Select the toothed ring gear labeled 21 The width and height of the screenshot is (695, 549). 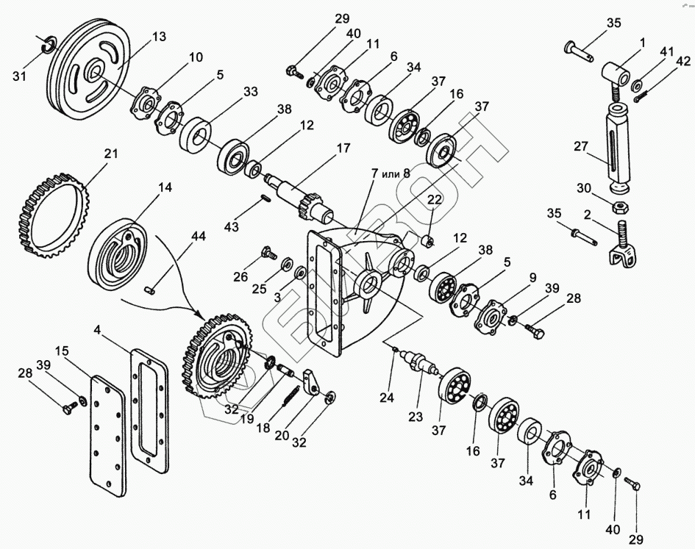(54, 217)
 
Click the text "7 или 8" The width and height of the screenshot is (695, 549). (391, 173)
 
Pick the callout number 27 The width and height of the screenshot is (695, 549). (581, 146)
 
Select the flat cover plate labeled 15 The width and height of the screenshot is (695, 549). (108, 436)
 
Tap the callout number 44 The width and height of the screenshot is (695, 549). (198, 236)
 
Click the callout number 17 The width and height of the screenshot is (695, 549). (343, 148)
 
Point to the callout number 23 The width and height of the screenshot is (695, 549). (416, 417)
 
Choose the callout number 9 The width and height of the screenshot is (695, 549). (532, 278)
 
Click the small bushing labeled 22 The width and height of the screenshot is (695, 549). (428, 242)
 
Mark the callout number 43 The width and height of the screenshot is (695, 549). (232, 227)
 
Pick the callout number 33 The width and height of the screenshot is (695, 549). (251, 92)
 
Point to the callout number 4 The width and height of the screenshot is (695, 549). (98, 330)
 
